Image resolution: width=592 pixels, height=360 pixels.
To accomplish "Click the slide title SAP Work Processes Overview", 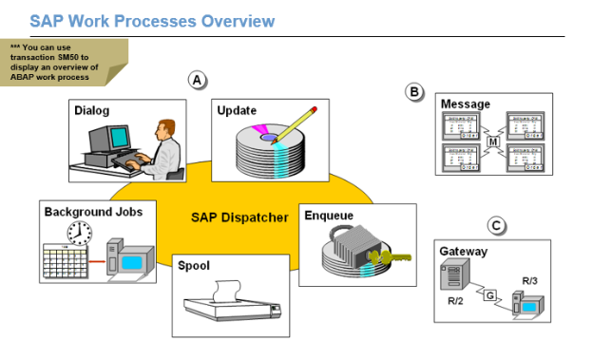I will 152,20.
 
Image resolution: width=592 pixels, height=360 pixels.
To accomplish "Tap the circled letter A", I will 197,80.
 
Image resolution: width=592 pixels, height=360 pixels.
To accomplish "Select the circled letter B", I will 413,91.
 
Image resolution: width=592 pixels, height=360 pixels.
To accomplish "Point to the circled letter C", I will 495,226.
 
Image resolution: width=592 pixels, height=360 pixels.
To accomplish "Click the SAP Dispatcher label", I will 239,218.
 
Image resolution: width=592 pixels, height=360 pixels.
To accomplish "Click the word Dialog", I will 92,111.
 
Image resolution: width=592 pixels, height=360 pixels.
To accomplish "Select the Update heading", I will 237,111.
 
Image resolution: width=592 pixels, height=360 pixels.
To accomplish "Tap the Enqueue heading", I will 329,216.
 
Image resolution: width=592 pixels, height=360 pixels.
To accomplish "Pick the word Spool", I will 194,266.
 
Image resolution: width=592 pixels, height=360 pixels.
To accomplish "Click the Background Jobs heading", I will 93,211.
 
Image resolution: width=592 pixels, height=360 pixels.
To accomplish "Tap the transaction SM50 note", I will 57,62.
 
